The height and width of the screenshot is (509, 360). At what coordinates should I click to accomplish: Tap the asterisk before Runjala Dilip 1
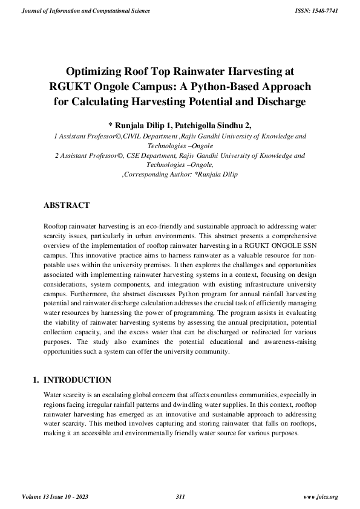110,126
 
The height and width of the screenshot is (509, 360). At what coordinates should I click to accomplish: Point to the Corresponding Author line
180,174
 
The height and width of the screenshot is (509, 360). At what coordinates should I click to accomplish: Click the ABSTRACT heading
67,206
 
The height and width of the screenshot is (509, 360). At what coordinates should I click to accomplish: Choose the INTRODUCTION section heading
78,380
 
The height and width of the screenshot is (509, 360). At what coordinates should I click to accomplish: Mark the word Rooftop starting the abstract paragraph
58,225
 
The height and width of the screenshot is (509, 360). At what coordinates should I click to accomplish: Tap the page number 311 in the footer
180,497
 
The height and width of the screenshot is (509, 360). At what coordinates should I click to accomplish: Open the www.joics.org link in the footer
320,497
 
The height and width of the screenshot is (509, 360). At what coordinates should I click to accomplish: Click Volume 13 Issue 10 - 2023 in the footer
59,497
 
